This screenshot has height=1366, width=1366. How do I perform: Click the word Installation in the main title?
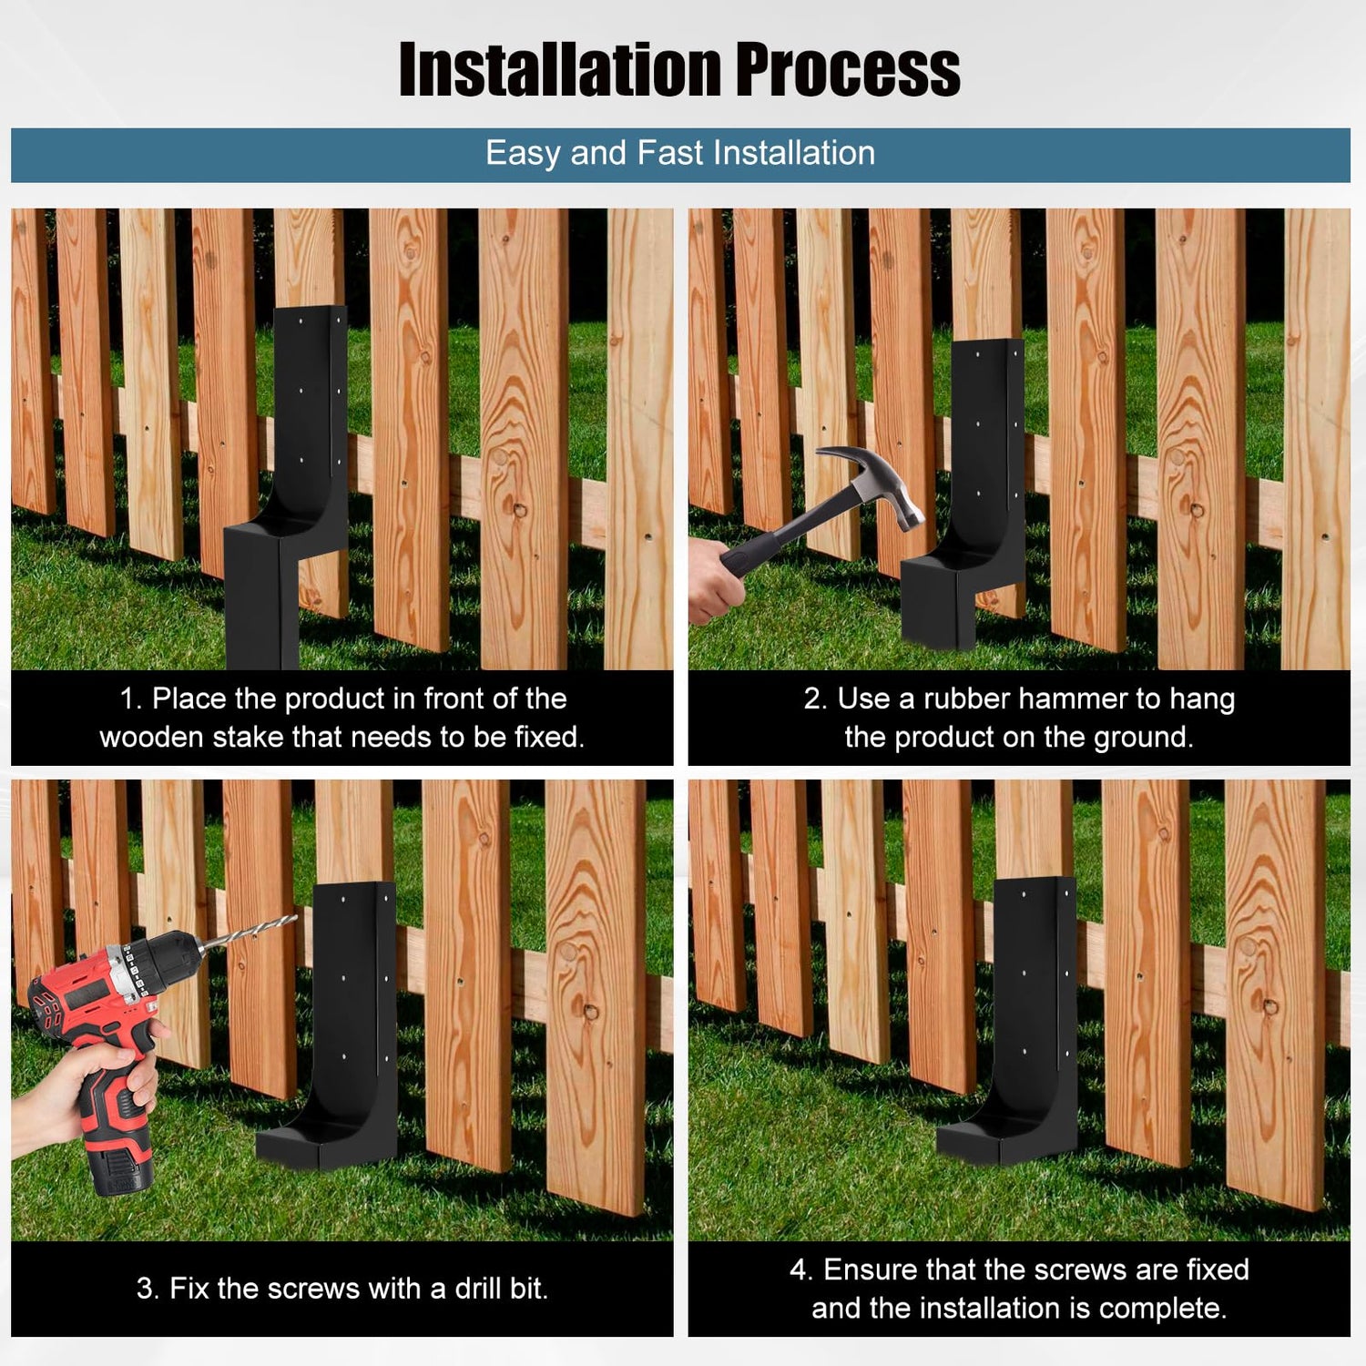point(561,68)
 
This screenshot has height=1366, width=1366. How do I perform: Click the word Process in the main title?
point(849,68)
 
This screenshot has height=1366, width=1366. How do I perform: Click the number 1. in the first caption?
point(131,698)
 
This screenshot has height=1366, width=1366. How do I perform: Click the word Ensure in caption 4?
point(869,1269)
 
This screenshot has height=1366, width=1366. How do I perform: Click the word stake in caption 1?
point(247,737)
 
